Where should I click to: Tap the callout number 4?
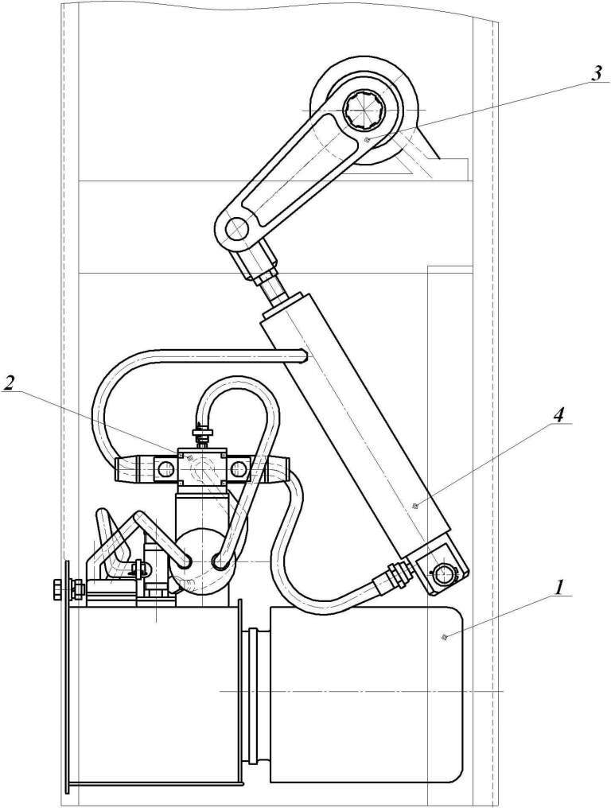559,415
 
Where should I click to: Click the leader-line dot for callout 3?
368,140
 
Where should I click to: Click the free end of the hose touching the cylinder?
304,355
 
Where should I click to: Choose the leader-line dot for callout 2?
189,457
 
